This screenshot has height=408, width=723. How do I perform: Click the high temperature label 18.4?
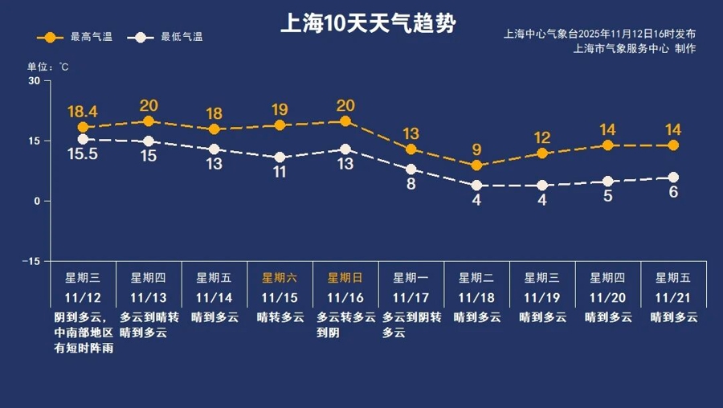coord(82,111)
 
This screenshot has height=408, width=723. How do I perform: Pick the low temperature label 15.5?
coord(82,154)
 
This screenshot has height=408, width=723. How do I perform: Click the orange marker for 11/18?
coord(476,165)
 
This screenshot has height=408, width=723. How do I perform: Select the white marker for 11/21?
coord(673,177)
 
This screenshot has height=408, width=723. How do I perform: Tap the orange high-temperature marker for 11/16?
coord(345,121)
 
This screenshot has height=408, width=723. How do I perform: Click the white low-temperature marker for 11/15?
coord(280,157)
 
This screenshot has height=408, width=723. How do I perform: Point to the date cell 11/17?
coord(411,296)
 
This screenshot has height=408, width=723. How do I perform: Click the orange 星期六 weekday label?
coord(280,278)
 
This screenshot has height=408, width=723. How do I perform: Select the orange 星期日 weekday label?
coord(345,278)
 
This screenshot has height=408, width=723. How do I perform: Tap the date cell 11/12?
coord(83,296)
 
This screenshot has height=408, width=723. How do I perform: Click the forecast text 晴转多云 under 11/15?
coord(280,317)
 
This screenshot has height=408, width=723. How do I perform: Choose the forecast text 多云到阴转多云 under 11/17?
coord(411,324)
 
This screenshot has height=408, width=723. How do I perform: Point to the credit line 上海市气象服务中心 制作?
coord(635,48)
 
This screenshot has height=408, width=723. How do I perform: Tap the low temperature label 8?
coord(411,184)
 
